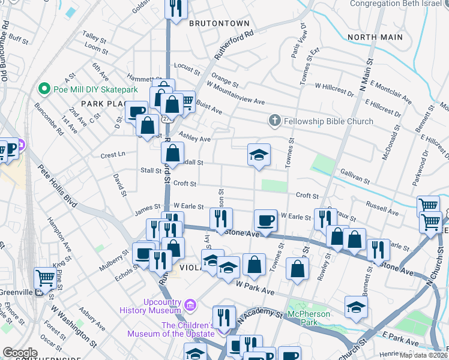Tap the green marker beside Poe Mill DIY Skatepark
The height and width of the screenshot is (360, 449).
click(x=44, y=89)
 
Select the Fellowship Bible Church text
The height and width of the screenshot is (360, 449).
click(x=328, y=121)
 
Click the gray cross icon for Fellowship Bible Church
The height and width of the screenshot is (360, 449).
click(x=275, y=121)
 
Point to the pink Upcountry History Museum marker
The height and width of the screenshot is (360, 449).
click(x=190, y=305)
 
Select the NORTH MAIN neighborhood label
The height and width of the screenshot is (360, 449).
click(x=375, y=37)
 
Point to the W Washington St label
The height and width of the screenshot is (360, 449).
click(x=73, y=326)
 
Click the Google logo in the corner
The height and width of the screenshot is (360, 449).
click(x=20, y=353)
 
